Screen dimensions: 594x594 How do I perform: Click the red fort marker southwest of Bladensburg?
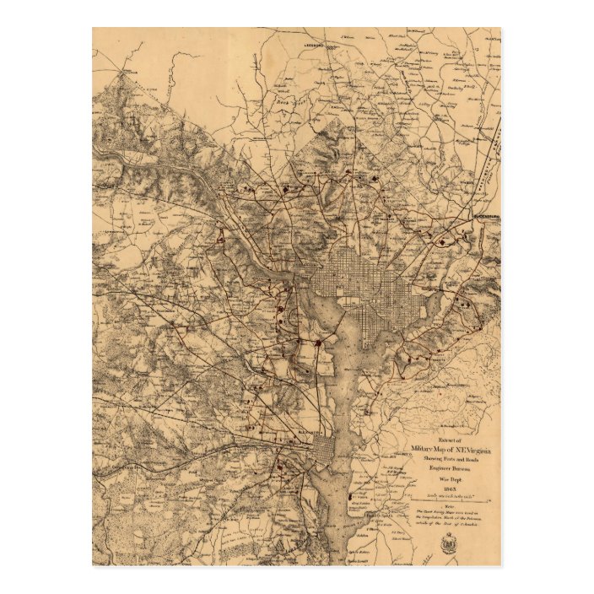(442, 243)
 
